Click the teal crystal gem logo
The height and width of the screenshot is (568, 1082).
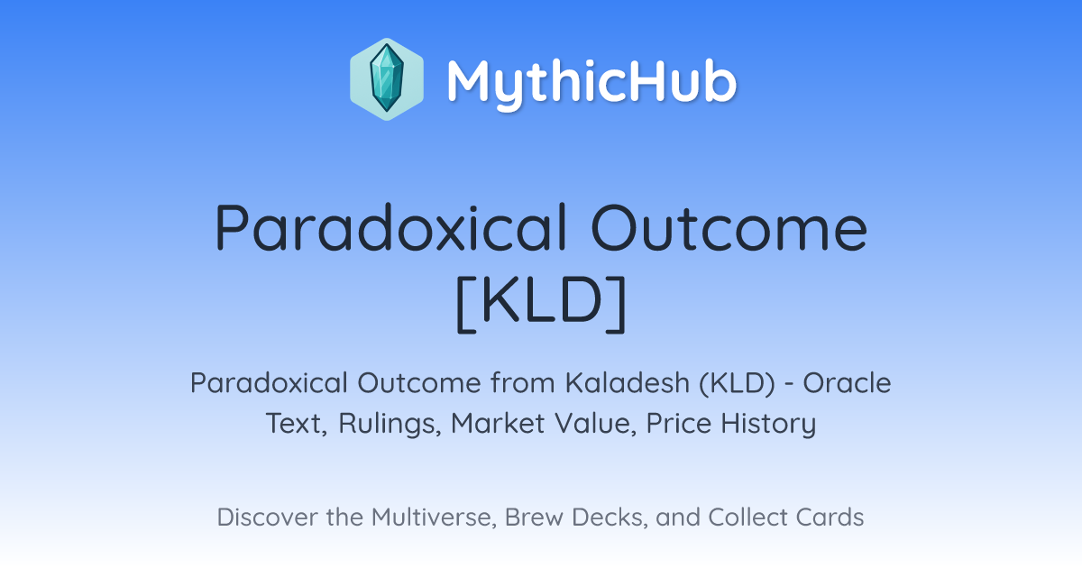click(x=387, y=79)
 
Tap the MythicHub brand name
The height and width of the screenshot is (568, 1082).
click(x=591, y=82)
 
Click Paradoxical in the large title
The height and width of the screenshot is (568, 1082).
click(x=391, y=227)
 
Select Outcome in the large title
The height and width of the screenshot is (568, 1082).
click(x=729, y=227)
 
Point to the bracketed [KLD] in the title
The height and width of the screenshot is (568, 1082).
click(x=541, y=303)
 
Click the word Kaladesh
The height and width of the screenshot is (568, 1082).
click(x=628, y=382)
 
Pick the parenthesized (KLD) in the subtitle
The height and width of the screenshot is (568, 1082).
click(x=737, y=383)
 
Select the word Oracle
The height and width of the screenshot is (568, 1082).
click(x=847, y=383)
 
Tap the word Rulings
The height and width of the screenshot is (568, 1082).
click(x=390, y=424)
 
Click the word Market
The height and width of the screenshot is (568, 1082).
click(x=498, y=423)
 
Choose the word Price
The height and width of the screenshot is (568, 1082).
click(x=679, y=423)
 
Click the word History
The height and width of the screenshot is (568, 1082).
click(x=768, y=425)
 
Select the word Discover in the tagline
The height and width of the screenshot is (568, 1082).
click(x=267, y=517)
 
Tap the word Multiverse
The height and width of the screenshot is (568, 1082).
click(x=435, y=518)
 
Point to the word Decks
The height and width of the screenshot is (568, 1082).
click(x=610, y=518)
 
